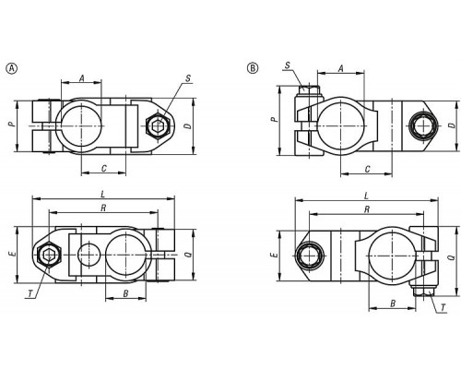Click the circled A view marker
pyautogui.click(x=12, y=68)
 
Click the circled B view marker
pyautogui.click(x=253, y=68)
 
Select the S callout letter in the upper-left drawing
pyautogui.click(x=188, y=78)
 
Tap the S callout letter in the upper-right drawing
pyautogui.click(x=288, y=65)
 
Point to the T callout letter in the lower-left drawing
pyautogui.click(x=30, y=294)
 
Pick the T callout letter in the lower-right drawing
pyautogui.click(x=443, y=307)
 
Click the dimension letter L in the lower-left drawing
pyautogui.click(x=103, y=194)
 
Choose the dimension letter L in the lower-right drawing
pyautogui.click(x=366, y=196)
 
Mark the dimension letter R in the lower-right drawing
pyautogui.click(x=367, y=209)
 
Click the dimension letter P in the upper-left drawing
pyautogui.click(x=11, y=125)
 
